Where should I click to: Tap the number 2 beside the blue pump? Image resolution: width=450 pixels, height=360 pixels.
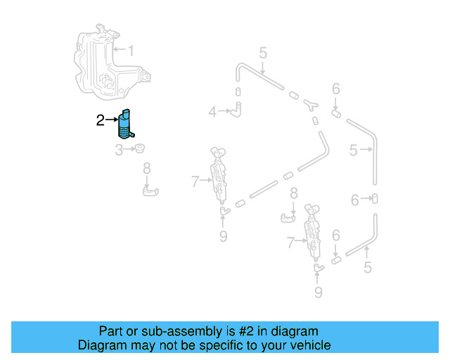(x=100, y=121)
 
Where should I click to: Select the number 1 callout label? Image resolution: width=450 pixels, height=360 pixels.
(x=130, y=50)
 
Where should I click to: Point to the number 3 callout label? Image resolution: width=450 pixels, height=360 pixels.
(x=119, y=150)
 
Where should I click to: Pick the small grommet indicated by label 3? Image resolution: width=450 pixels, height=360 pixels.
(x=139, y=148)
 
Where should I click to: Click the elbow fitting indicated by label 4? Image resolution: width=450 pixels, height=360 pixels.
(x=238, y=109)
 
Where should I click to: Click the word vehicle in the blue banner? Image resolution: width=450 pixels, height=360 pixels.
(x=307, y=345)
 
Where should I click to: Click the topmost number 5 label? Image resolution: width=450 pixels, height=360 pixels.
(x=262, y=53)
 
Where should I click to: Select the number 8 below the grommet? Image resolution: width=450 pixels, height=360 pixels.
(x=146, y=168)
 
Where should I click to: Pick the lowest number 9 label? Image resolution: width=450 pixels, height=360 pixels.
(x=318, y=292)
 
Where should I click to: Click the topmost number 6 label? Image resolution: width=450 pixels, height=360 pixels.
(x=336, y=89)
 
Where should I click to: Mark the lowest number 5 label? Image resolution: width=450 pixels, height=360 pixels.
(x=367, y=267)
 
